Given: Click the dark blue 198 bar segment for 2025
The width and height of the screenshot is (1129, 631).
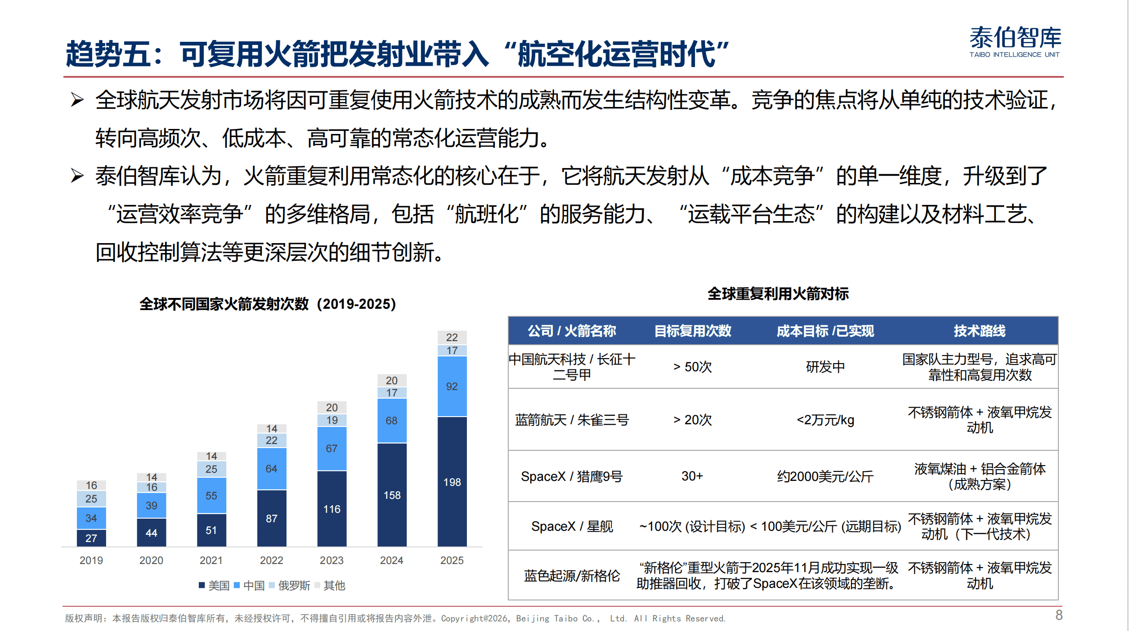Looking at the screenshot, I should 452,482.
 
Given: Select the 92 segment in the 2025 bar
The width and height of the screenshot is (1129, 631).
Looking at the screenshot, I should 452,387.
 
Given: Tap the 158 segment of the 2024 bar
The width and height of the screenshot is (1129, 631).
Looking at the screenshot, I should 392,495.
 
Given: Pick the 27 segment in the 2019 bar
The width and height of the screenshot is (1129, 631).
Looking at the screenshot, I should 91,538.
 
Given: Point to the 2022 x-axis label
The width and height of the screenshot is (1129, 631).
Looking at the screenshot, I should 272,560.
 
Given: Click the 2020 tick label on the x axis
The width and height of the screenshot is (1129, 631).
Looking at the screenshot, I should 151,560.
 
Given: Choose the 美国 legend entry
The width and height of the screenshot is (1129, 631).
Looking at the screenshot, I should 215,586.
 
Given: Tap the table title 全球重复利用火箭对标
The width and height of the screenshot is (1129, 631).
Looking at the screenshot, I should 778,294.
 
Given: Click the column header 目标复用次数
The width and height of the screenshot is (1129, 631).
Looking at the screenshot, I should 693,331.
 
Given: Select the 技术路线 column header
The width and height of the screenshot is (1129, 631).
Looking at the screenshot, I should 980,331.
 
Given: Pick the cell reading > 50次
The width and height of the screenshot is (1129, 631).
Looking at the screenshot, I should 693,367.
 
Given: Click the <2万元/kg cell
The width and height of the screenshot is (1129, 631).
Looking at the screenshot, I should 825,420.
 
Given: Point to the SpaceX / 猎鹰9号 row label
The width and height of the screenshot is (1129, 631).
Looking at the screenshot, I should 572,476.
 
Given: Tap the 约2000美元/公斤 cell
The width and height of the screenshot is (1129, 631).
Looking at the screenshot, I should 825,476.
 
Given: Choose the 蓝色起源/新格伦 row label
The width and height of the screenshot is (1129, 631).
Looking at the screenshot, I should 572,576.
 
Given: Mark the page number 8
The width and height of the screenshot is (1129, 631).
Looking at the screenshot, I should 1059,615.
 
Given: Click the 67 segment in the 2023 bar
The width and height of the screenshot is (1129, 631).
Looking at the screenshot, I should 332,449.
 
